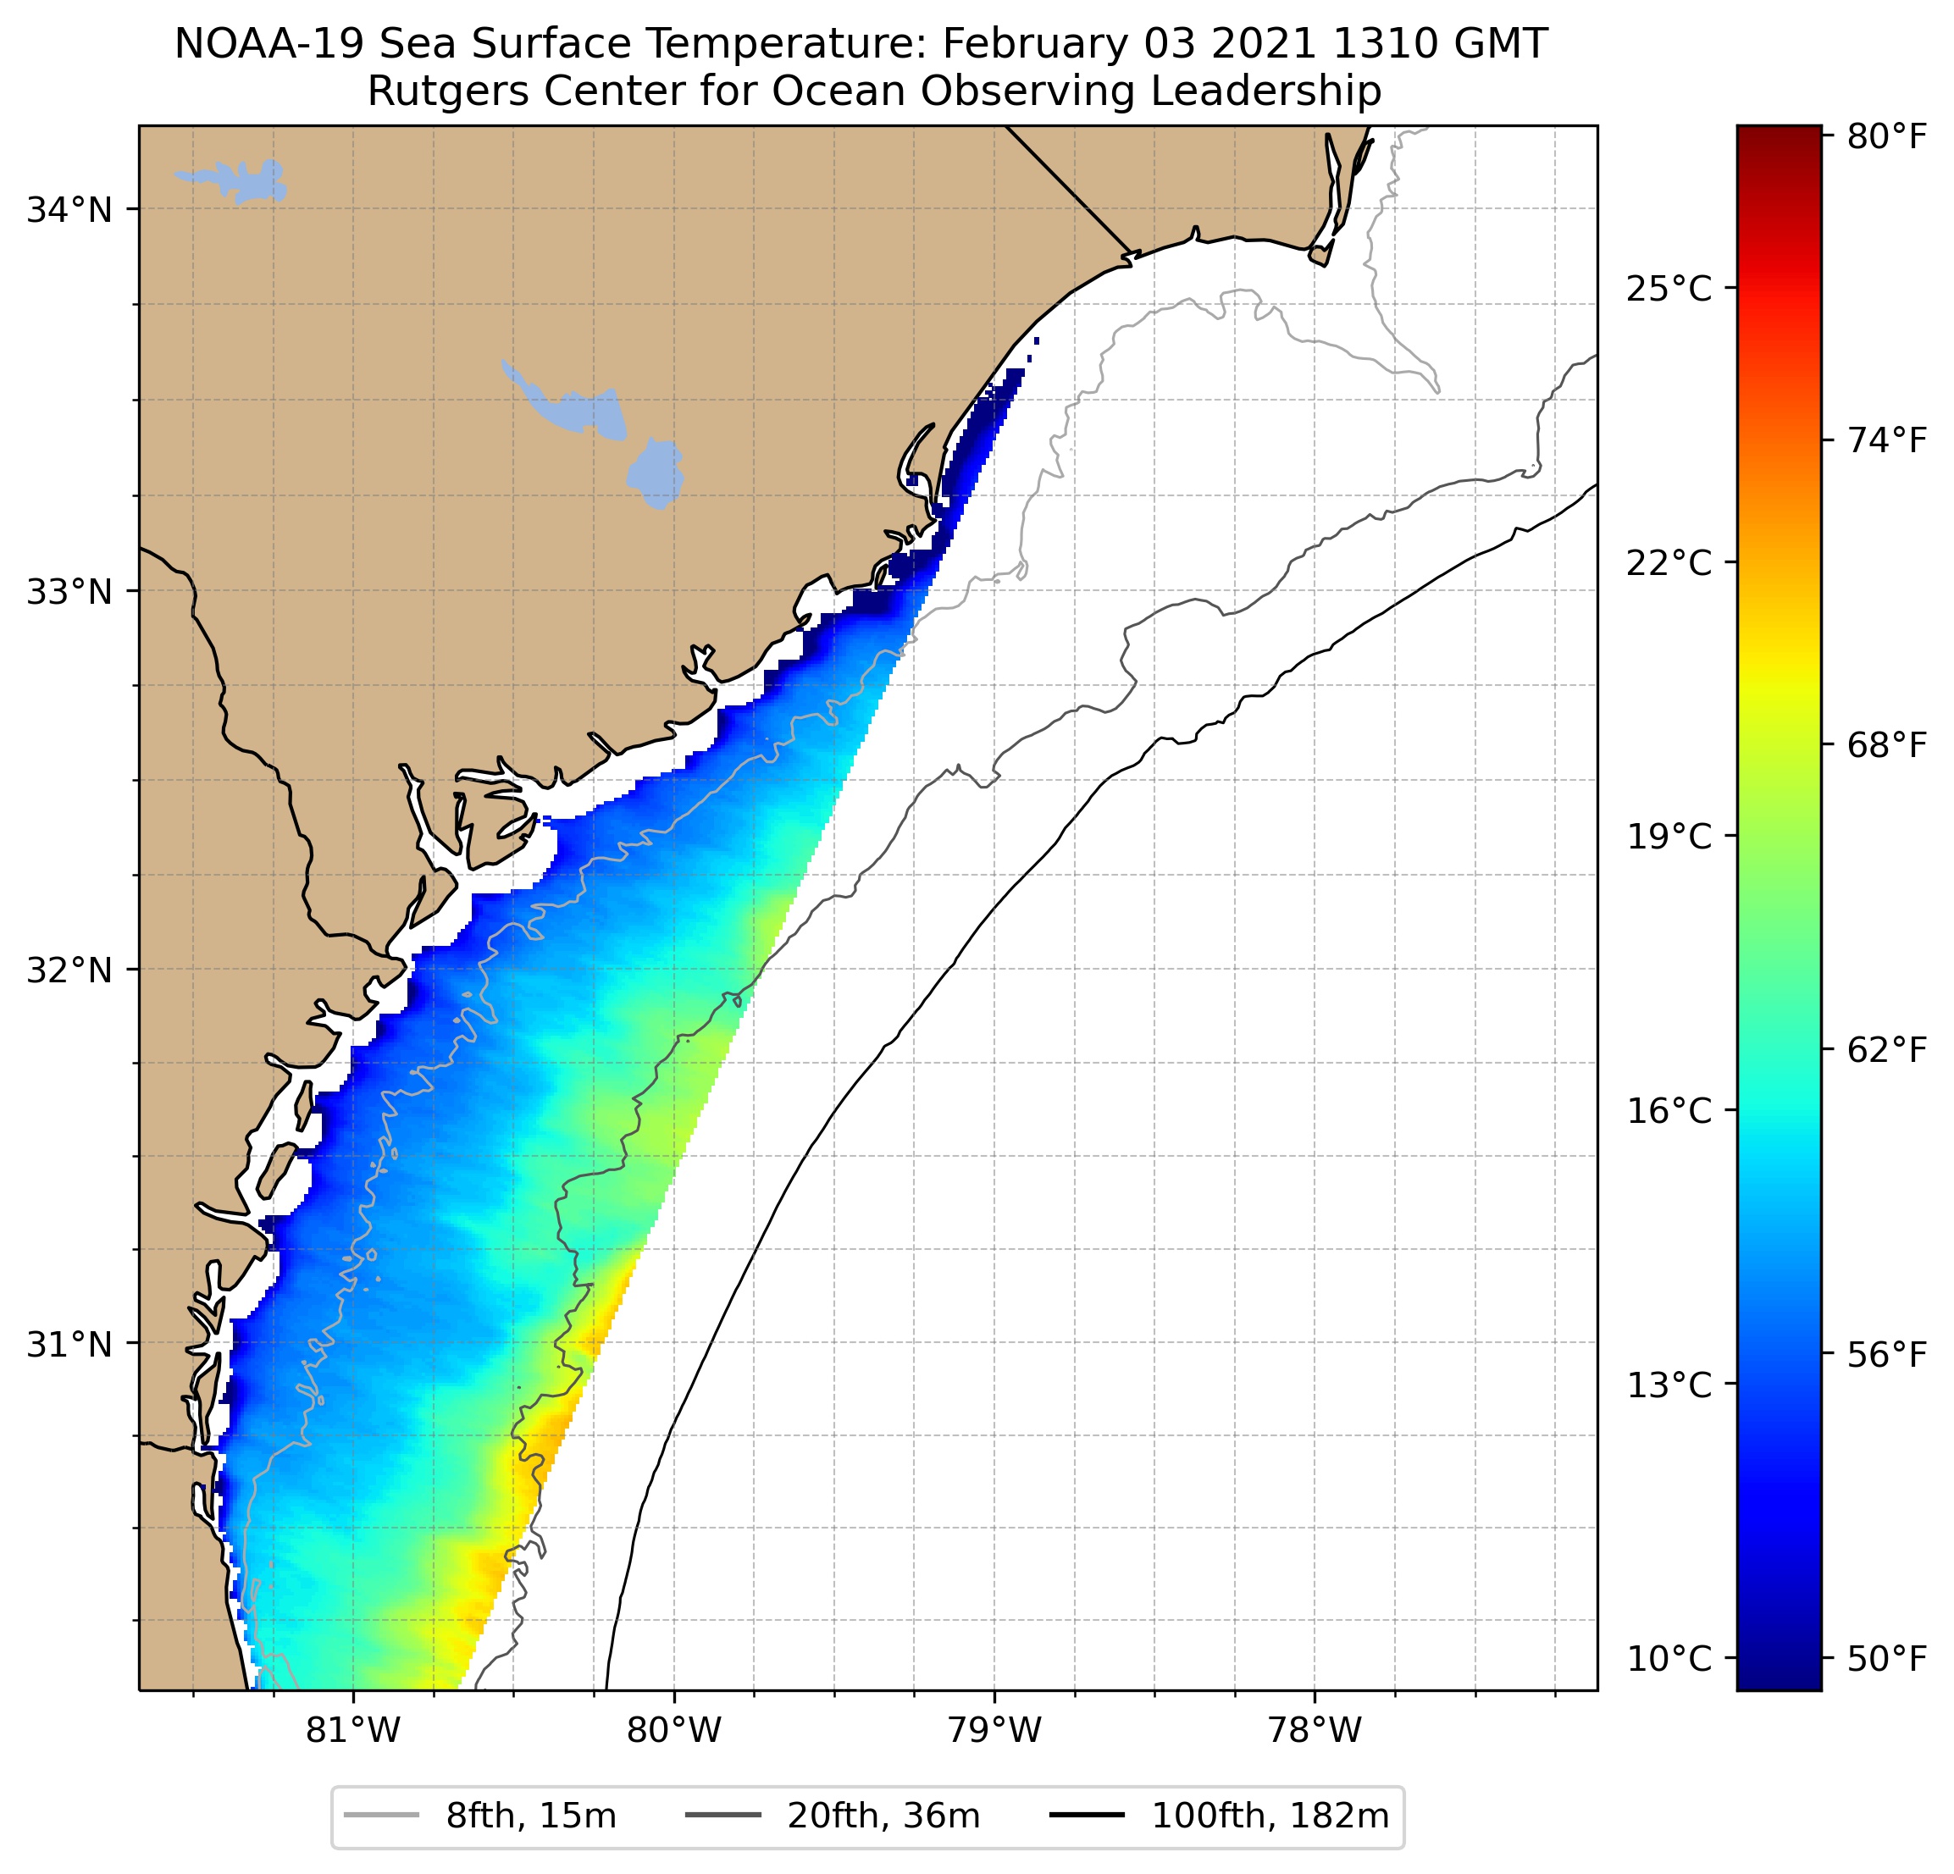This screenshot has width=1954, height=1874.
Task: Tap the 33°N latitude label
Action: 69,592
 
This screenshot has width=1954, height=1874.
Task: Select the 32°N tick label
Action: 69,970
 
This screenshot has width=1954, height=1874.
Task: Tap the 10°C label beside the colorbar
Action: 1669,1659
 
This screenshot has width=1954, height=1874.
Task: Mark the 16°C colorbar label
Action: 1669,1110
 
